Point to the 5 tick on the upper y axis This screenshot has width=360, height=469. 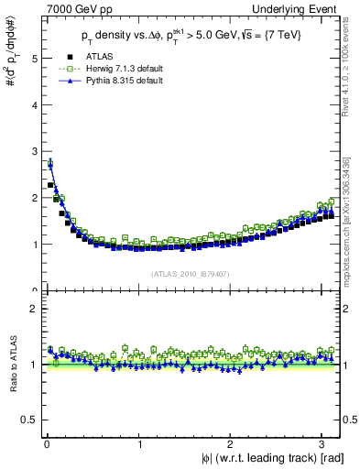click(33, 58)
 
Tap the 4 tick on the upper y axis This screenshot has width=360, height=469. click(33, 104)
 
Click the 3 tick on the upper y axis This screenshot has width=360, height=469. click(33, 151)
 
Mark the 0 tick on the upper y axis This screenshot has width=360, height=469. click(33, 290)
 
